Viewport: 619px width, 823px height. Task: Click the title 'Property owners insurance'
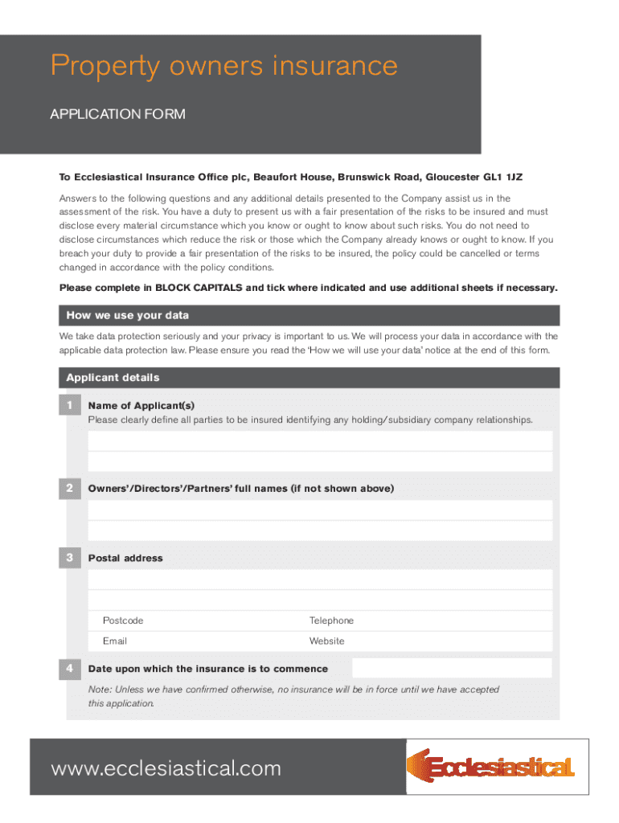point(223,66)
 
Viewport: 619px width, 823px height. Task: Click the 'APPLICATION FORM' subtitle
point(117,114)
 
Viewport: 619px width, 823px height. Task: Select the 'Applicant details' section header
point(113,378)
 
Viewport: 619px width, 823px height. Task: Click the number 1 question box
point(70,405)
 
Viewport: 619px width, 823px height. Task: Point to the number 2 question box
point(70,488)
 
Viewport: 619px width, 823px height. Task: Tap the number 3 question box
point(70,557)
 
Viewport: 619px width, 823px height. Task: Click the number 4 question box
point(70,668)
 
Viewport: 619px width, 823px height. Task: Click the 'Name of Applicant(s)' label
point(141,406)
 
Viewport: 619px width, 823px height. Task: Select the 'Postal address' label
point(125,558)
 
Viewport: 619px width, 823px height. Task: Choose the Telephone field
point(434,620)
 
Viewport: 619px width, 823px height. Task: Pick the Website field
point(434,641)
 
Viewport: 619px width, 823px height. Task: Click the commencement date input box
point(452,668)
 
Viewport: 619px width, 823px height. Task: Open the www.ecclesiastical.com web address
point(166,768)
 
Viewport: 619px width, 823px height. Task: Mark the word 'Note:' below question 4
point(100,690)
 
